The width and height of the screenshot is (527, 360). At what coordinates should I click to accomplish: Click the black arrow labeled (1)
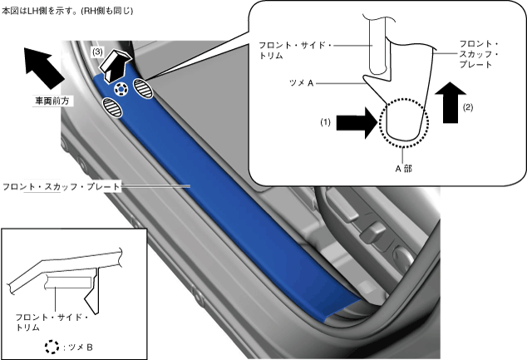click(357, 123)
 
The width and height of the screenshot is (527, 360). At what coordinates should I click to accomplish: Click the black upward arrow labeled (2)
click(451, 102)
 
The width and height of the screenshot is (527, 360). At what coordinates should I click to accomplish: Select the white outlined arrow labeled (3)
click(115, 66)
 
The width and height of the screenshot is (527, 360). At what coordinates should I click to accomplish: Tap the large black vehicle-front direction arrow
click(44, 68)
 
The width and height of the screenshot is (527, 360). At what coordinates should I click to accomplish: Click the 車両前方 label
click(52, 101)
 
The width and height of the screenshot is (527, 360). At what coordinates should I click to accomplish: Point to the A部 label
click(403, 169)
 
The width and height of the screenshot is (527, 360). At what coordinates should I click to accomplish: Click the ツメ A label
click(302, 82)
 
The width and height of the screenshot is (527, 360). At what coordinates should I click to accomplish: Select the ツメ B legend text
click(78, 348)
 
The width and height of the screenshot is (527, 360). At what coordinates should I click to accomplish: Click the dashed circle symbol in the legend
click(52, 347)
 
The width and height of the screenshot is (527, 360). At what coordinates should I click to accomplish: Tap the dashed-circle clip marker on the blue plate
click(121, 89)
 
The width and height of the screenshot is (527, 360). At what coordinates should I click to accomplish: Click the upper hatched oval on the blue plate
click(143, 88)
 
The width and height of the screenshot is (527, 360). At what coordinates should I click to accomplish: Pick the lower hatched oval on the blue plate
click(112, 107)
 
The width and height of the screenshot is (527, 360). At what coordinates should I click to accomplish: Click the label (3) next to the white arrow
click(97, 52)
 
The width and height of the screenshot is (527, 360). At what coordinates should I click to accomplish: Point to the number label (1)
click(325, 122)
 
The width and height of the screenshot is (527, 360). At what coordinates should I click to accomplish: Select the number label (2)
click(468, 107)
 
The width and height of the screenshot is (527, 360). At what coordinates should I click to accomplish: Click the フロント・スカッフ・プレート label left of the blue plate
click(62, 186)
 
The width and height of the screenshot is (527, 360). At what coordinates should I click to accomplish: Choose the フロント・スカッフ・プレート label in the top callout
click(479, 54)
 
